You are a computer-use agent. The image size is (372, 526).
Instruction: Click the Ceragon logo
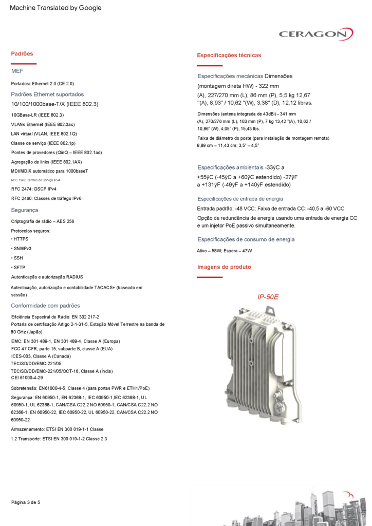tap(316, 34)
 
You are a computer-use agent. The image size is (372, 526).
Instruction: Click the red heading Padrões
tap(22, 53)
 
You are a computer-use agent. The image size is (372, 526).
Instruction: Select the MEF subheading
tap(17, 71)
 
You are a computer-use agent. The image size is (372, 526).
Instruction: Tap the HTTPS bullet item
tap(21, 239)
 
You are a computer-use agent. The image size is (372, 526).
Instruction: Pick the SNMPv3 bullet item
tap(23, 249)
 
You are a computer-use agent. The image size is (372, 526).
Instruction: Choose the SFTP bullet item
tap(20, 268)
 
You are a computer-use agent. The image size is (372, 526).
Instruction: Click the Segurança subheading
tap(25, 210)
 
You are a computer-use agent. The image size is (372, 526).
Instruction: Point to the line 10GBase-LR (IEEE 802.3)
tap(38, 115)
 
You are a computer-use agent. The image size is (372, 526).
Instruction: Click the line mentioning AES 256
tap(43, 221)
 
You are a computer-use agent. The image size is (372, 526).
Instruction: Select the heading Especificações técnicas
tap(229, 55)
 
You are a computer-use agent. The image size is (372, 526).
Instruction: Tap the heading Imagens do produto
tap(224, 267)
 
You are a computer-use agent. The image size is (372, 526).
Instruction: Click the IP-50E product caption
tap(268, 297)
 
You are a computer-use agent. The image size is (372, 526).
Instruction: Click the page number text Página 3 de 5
tap(26, 502)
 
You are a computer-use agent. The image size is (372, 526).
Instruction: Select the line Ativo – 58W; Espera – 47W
tap(225, 251)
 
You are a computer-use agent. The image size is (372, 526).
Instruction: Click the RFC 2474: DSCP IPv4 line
tap(34, 189)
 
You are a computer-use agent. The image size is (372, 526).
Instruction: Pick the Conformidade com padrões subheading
tap(46, 306)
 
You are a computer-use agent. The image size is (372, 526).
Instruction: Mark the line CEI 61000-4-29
tap(27, 378)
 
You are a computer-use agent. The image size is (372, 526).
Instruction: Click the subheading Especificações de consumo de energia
tap(246, 239)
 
